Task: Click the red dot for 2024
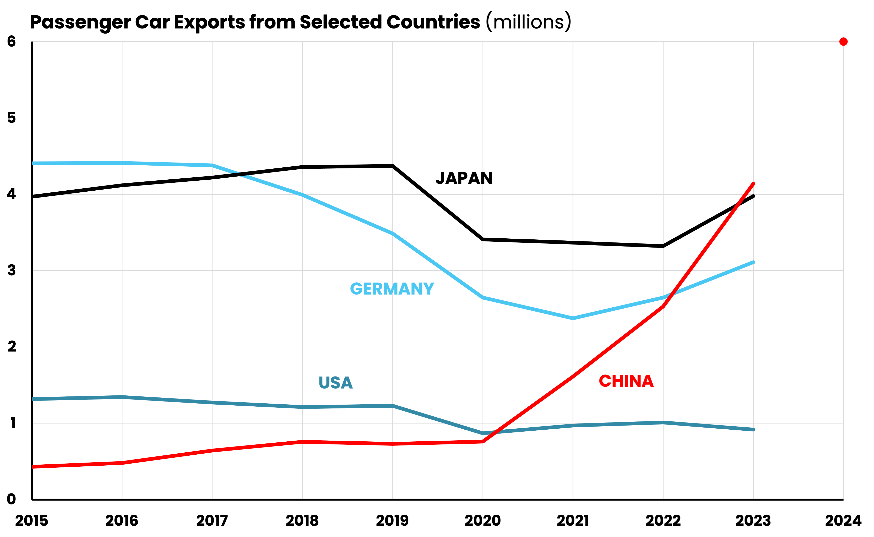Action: click(x=844, y=42)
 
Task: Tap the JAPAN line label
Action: click(x=464, y=178)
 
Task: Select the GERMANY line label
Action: click(x=392, y=289)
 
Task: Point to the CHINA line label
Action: click(x=626, y=381)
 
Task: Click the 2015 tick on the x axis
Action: click(x=32, y=521)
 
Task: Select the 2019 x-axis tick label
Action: click(x=392, y=521)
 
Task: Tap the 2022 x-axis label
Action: click(x=663, y=521)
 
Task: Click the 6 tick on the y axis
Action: click(x=11, y=41)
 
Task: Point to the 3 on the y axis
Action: click(x=11, y=270)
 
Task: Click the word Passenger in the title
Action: click(x=80, y=22)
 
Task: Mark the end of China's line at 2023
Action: click(x=753, y=184)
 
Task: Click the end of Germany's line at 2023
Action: click(x=753, y=262)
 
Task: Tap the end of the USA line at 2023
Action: click(x=753, y=429)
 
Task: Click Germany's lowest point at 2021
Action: click(x=573, y=318)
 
